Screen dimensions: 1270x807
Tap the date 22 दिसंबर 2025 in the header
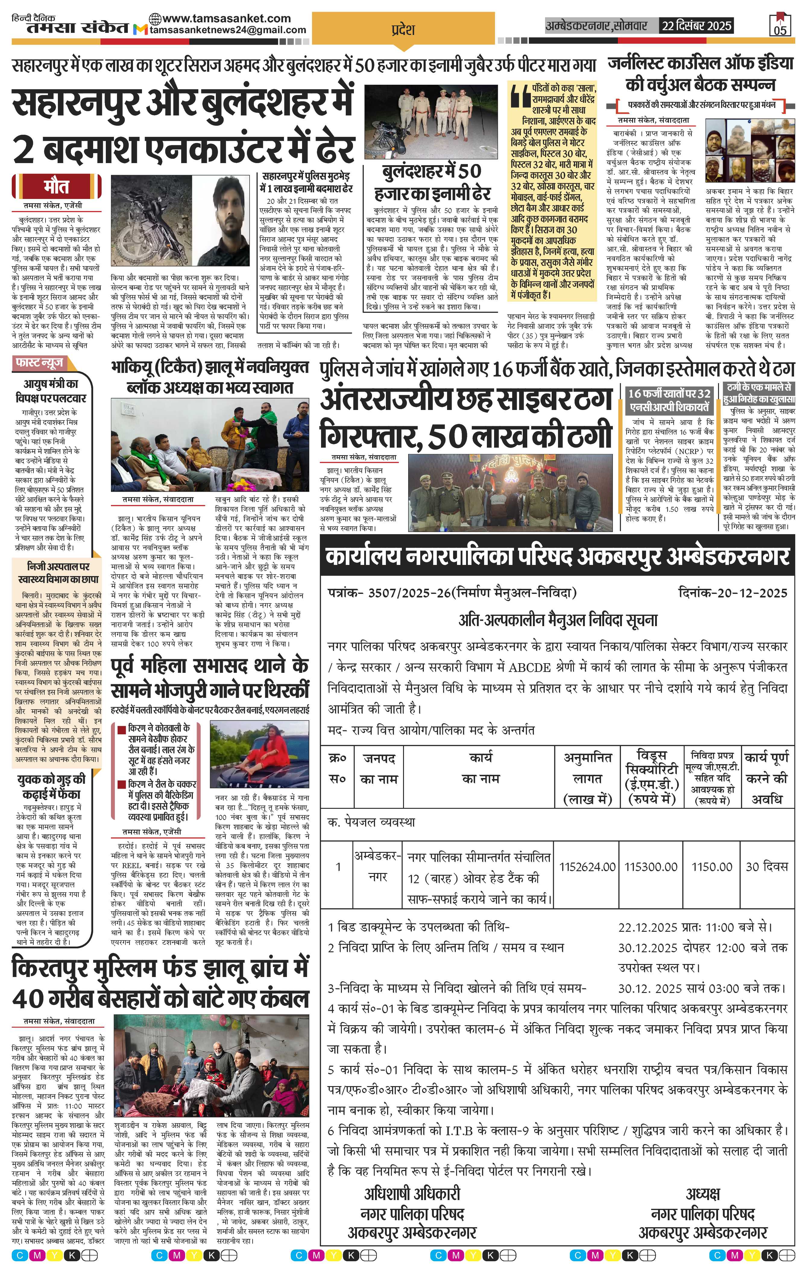[x=696, y=25]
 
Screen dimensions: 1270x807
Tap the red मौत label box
[x=56, y=187]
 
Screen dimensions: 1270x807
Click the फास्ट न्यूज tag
[x=39, y=363]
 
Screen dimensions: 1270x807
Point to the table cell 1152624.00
[x=587, y=867]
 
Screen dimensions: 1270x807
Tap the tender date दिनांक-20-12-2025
[x=732, y=593]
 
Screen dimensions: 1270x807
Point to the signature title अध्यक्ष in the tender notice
[x=703, y=1193]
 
